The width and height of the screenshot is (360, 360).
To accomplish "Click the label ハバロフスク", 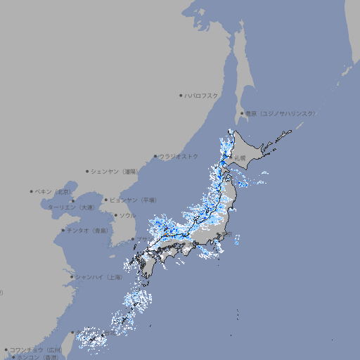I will tap(202, 95).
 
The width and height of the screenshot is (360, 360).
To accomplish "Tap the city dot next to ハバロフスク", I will tap(181, 95).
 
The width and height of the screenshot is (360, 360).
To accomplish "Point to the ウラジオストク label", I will tap(179, 156).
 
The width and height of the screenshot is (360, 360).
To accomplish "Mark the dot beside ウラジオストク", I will tap(155, 156).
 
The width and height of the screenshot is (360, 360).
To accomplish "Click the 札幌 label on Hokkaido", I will tap(240, 158).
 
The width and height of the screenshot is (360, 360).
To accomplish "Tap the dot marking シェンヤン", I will tap(88, 171).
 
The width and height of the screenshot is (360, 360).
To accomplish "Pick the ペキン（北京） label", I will tap(54, 191).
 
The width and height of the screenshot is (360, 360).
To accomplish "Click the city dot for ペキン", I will tap(32, 191).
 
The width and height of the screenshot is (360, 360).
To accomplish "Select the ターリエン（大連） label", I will tap(71, 207).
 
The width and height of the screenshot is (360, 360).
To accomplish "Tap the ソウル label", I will tap(127, 215).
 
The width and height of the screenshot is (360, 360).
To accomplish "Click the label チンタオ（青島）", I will tap(87, 230).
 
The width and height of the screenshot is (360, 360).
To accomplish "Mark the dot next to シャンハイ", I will tap(72, 277).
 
